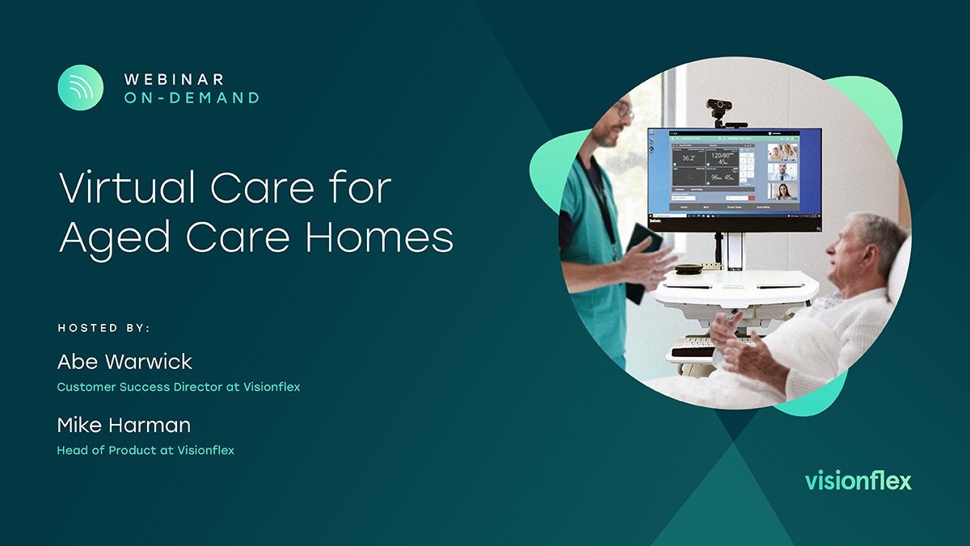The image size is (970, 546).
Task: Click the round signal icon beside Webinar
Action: coord(81,87)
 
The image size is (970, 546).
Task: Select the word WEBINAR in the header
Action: coord(174,79)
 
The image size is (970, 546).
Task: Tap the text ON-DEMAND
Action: coord(192,98)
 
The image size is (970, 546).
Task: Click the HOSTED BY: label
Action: coord(104,328)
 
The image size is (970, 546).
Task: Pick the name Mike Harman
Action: coord(124,424)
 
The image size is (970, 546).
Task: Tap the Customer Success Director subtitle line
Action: coord(178,387)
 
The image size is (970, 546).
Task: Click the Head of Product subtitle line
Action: coord(145,450)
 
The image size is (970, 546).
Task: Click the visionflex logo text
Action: coord(858,481)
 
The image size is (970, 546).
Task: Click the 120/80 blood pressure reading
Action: coord(723,155)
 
